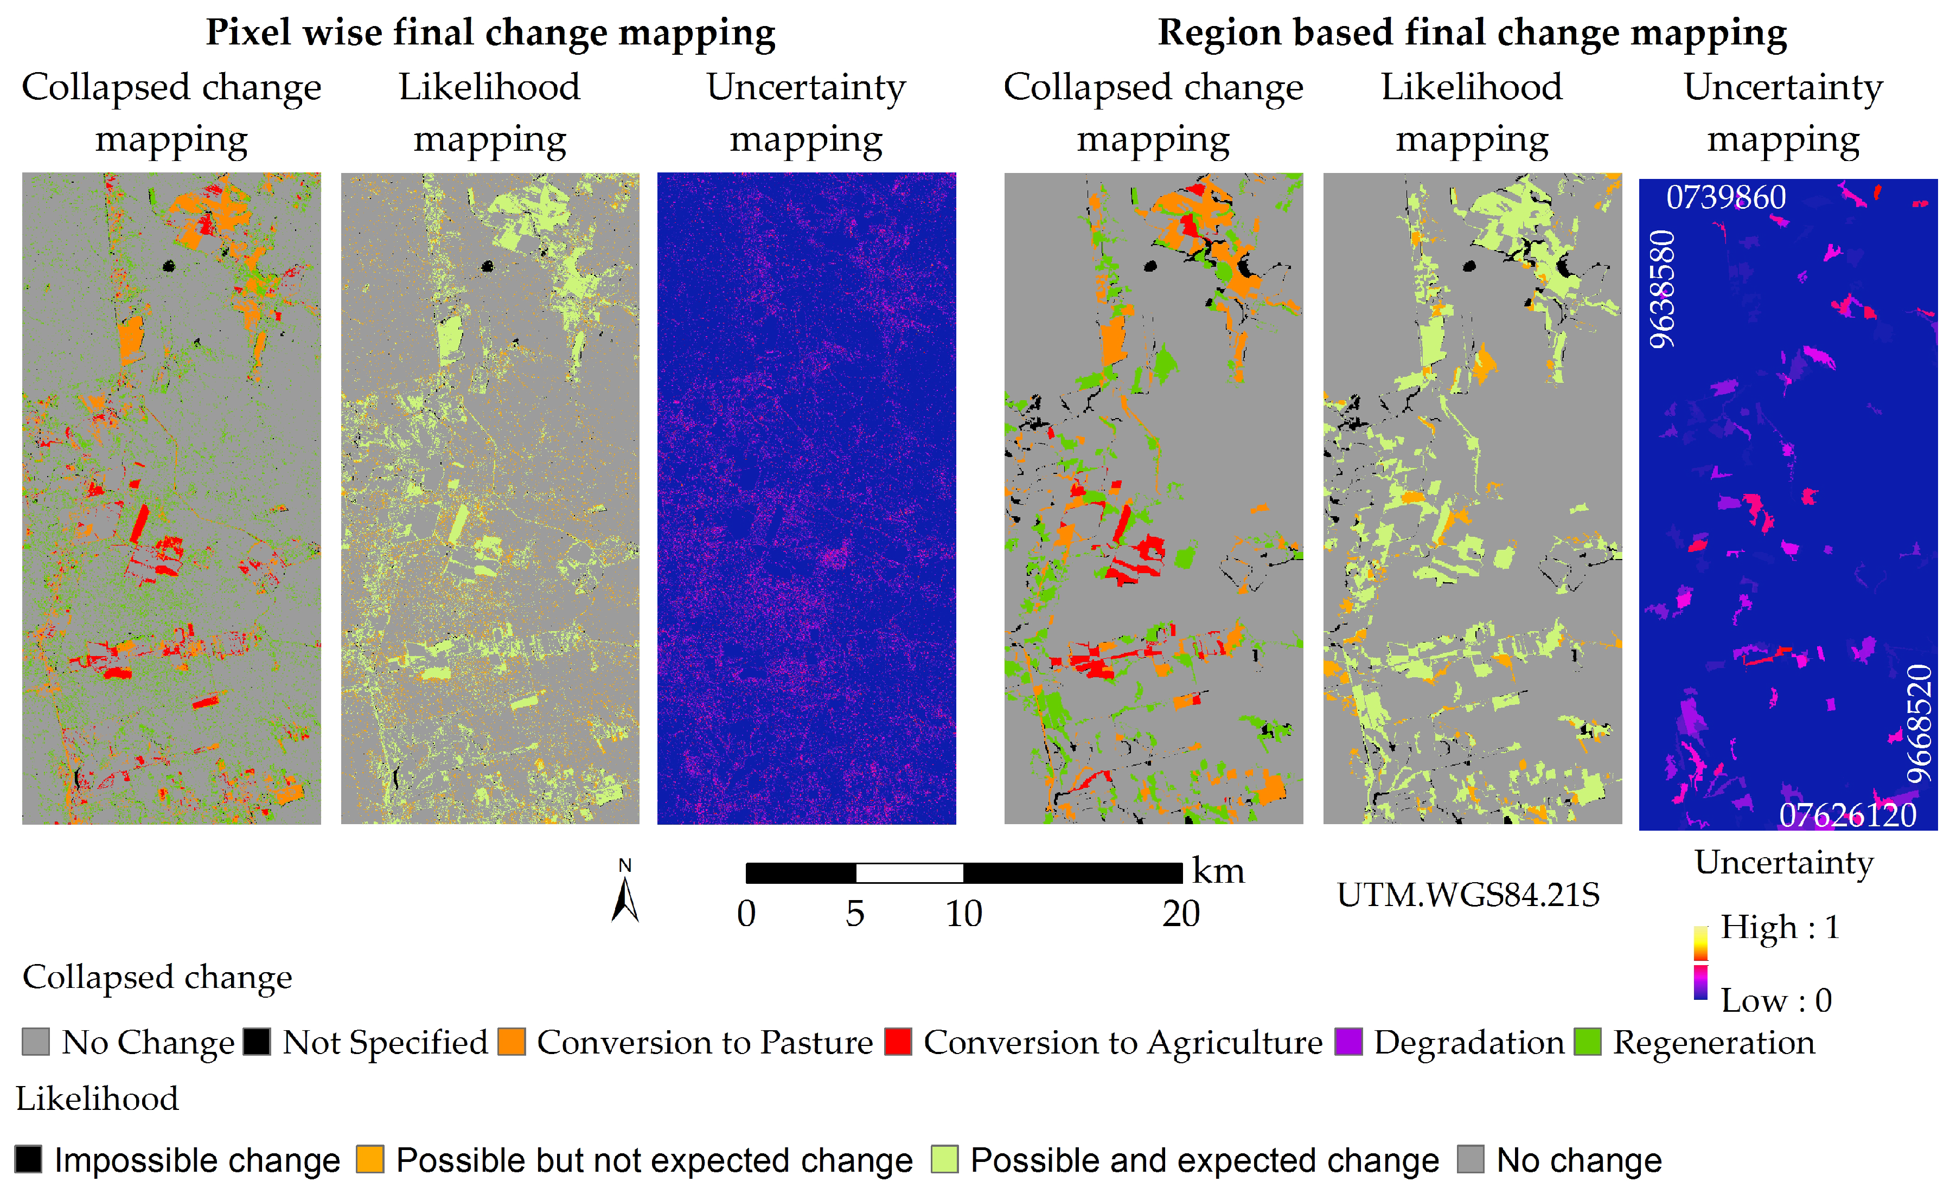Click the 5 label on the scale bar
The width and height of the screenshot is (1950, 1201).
click(855, 914)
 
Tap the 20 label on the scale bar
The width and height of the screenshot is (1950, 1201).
click(1181, 914)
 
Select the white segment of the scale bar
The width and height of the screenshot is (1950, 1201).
click(909, 873)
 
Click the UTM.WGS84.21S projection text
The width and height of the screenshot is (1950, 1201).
click(1468, 895)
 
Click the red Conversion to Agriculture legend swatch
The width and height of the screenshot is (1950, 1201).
click(898, 1042)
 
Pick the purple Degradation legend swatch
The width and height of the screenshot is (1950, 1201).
click(1348, 1042)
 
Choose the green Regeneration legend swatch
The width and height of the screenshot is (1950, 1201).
click(1588, 1042)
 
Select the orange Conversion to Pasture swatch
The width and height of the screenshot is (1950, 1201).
click(512, 1042)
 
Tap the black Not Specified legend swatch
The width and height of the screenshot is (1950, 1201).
click(257, 1042)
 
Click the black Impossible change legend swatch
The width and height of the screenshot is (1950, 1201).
click(29, 1159)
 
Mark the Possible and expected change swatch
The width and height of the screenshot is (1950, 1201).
click(944, 1159)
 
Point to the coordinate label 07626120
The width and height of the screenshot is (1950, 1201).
click(1847, 815)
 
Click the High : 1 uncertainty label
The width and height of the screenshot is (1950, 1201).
click(1779, 927)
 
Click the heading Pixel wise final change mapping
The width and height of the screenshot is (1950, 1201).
click(490, 33)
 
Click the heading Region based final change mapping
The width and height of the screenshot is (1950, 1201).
click(1472, 33)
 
